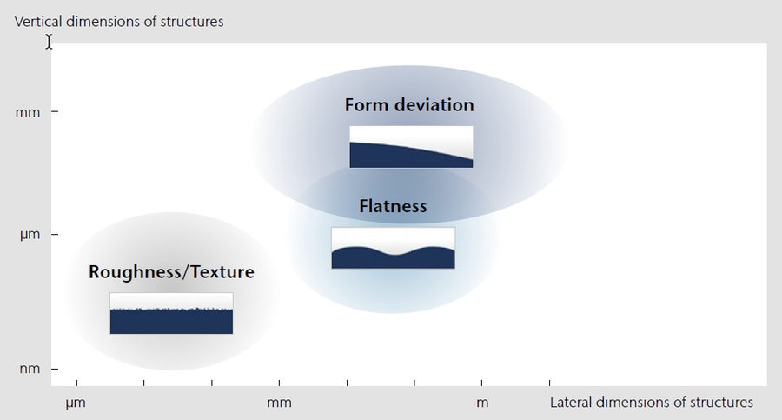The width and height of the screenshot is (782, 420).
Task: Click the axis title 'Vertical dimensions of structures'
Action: click(x=119, y=22)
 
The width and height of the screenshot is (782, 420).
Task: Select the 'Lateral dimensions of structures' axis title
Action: click(x=651, y=403)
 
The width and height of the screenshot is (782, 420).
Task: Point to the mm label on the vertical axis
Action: click(x=28, y=112)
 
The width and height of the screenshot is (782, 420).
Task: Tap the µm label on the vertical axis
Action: click(x=29, y=235)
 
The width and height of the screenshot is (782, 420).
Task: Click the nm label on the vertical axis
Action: click(x=28, y=369)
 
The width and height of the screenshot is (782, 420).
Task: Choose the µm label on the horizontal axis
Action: click(x=76, y=403)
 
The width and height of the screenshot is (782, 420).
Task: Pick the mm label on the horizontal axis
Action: click(x=279, y=403)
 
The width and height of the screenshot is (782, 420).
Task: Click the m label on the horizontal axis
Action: click(x=482, y=403)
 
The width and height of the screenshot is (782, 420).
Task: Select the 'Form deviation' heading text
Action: click(x=409, y=105)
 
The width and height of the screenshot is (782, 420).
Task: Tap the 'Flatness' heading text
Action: click(x=393, y=206)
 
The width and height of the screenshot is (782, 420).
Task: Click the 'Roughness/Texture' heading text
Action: click(x=171, y=272)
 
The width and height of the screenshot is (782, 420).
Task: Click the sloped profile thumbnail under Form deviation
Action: click(x=411, y=147)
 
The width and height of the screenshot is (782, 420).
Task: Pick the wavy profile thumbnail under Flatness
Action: click(x=393, y=248)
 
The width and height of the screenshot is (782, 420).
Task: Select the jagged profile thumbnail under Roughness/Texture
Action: click(x=171, y=313)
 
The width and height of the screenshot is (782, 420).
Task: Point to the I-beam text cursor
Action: click(x=49, y=41)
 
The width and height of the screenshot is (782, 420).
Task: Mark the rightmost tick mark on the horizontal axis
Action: click(x=549, y=383)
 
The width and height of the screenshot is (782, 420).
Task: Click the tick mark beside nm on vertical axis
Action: click(x=54, y=369)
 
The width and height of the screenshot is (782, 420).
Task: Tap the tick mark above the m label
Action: click(x=482, y=383)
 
